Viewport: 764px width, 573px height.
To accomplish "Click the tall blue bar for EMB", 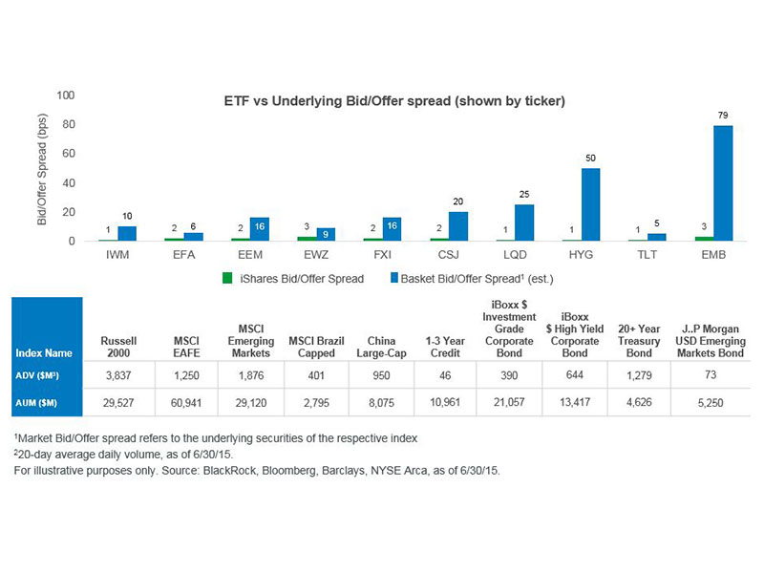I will tap(723, 183).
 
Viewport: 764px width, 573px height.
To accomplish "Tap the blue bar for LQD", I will tap(524, 223).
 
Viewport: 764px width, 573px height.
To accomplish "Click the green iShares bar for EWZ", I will tap(303, 238).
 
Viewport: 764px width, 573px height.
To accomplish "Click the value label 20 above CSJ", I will tap(457, 202).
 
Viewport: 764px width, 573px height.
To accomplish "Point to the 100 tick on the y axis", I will tap(66, 95).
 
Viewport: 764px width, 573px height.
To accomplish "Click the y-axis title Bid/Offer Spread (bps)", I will tap(42, 169).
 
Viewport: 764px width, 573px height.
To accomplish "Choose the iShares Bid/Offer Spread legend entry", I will tap(293, 279).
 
